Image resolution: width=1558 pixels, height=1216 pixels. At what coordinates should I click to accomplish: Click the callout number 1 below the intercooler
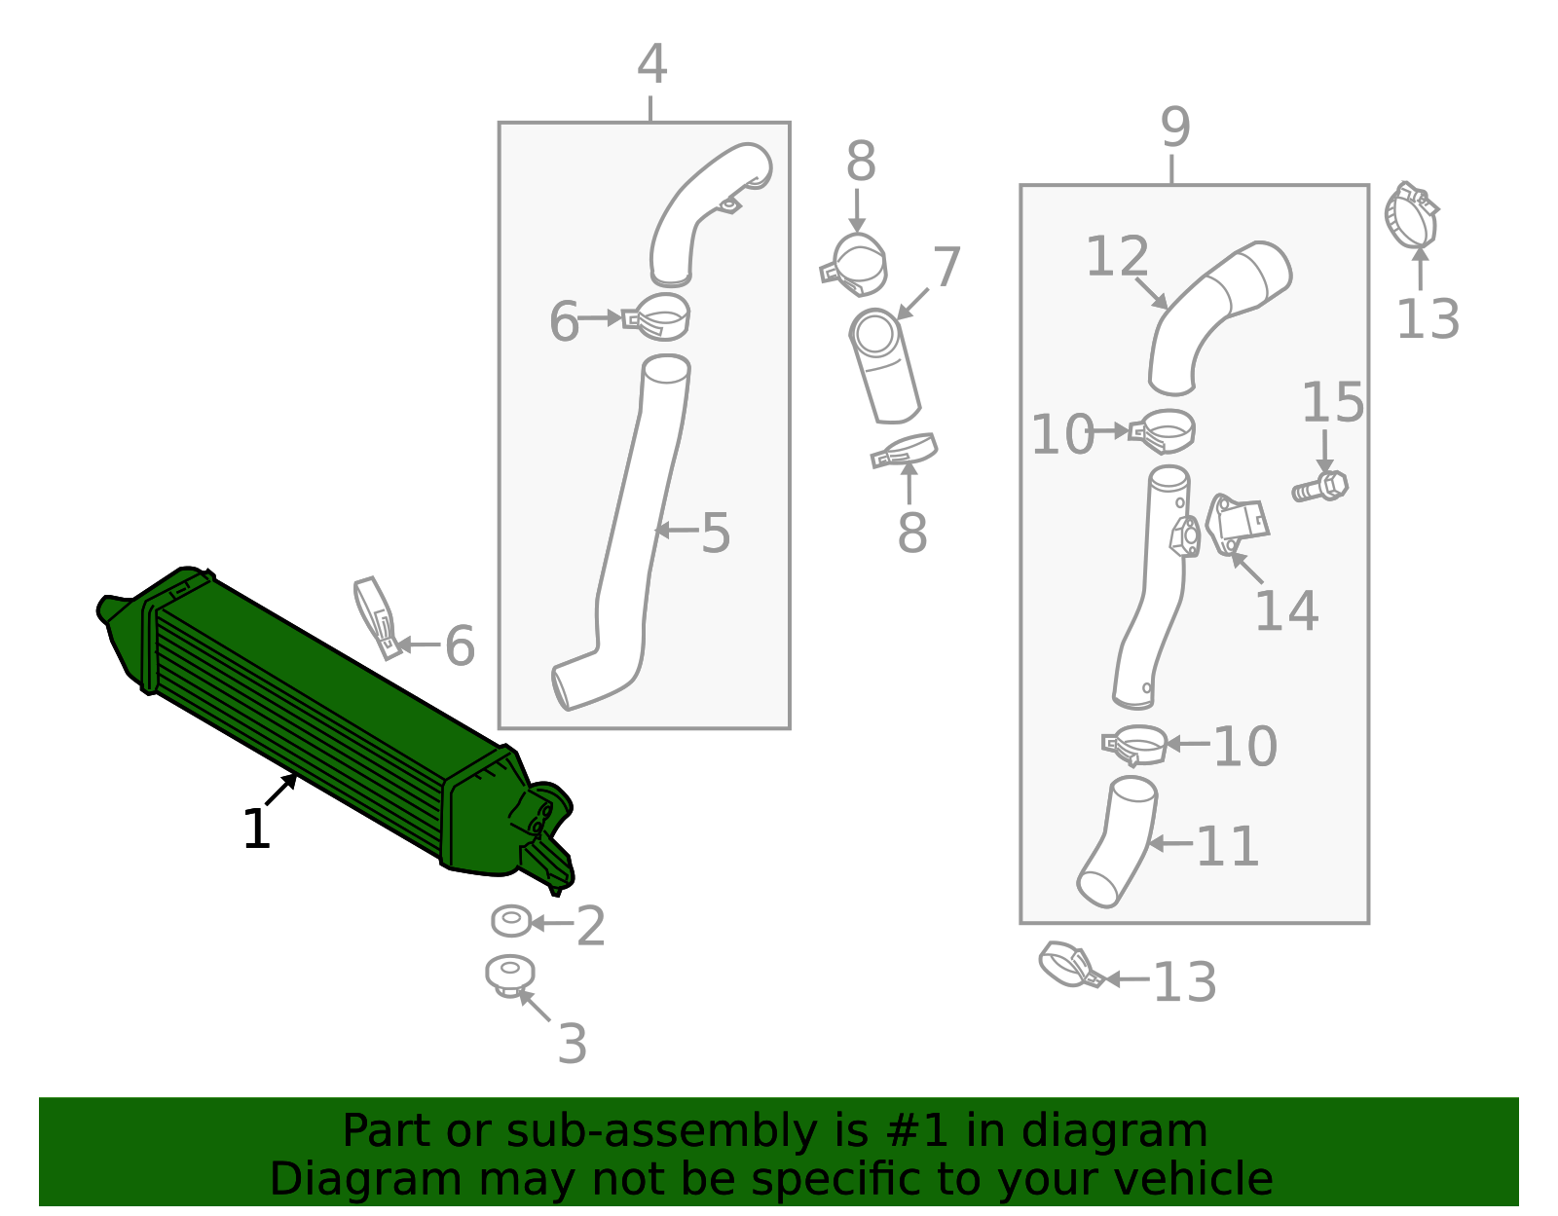(x=257, y=829)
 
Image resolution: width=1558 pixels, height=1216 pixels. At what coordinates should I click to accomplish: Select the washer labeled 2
(x=511, y=921)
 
